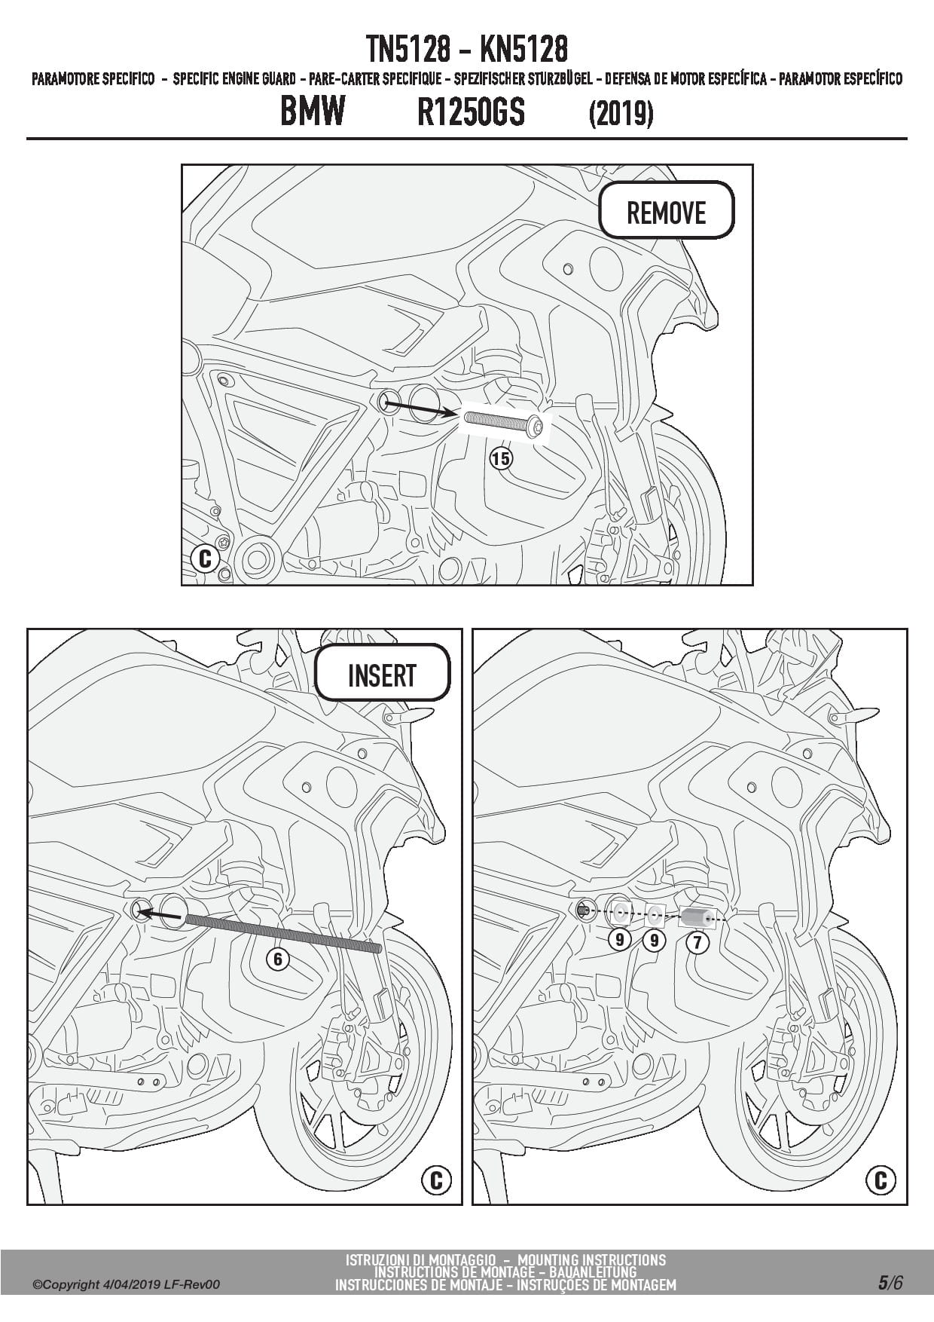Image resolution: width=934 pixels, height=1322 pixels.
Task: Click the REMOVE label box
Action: click(666, 210)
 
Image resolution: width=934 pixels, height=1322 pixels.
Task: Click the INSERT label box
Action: click(382, 672)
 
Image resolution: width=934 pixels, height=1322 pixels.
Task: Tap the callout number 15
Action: click(501, 457)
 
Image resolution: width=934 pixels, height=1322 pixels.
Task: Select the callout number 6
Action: click(278, 959)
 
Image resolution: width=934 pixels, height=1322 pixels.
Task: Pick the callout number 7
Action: click(697, 942)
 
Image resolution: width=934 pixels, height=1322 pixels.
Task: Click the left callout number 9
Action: click(620, 940)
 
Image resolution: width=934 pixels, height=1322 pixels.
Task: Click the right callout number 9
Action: click(654, 941)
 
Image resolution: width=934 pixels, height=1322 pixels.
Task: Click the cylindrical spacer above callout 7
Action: click(696, 917)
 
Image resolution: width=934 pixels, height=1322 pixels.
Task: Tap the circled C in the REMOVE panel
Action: click(205, 559)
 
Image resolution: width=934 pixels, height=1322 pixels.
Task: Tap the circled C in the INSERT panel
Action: click(436, 1180)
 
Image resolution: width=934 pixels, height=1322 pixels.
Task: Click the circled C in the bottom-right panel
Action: click(881, 1180)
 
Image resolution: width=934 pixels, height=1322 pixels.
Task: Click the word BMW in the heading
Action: click(313, 111)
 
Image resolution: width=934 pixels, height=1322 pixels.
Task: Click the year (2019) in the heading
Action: click(621, 114)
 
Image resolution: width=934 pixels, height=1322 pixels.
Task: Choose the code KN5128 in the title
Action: click(523, 50)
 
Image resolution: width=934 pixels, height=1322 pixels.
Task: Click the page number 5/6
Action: click(890, 1283)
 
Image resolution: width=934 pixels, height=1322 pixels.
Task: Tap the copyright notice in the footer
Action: click(127, 1284)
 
